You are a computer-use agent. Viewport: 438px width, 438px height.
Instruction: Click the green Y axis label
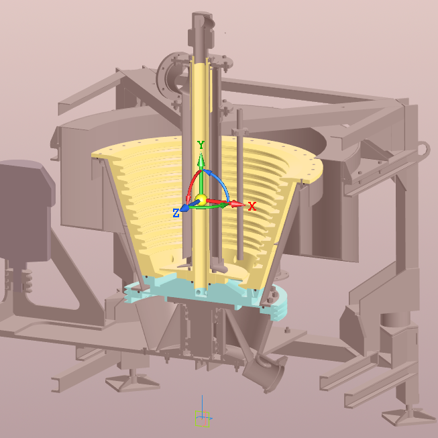(201, 145)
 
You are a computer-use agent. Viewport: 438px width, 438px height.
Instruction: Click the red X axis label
(252, 207)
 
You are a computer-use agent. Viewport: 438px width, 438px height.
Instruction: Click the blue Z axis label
(176, 213)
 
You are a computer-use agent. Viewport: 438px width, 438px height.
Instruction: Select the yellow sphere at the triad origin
(201, 200)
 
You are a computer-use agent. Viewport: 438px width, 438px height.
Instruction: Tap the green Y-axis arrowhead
(201, 159)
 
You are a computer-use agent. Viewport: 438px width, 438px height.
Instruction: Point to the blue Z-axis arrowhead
(184, 208)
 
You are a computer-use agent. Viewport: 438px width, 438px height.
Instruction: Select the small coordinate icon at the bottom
(203, 417)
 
